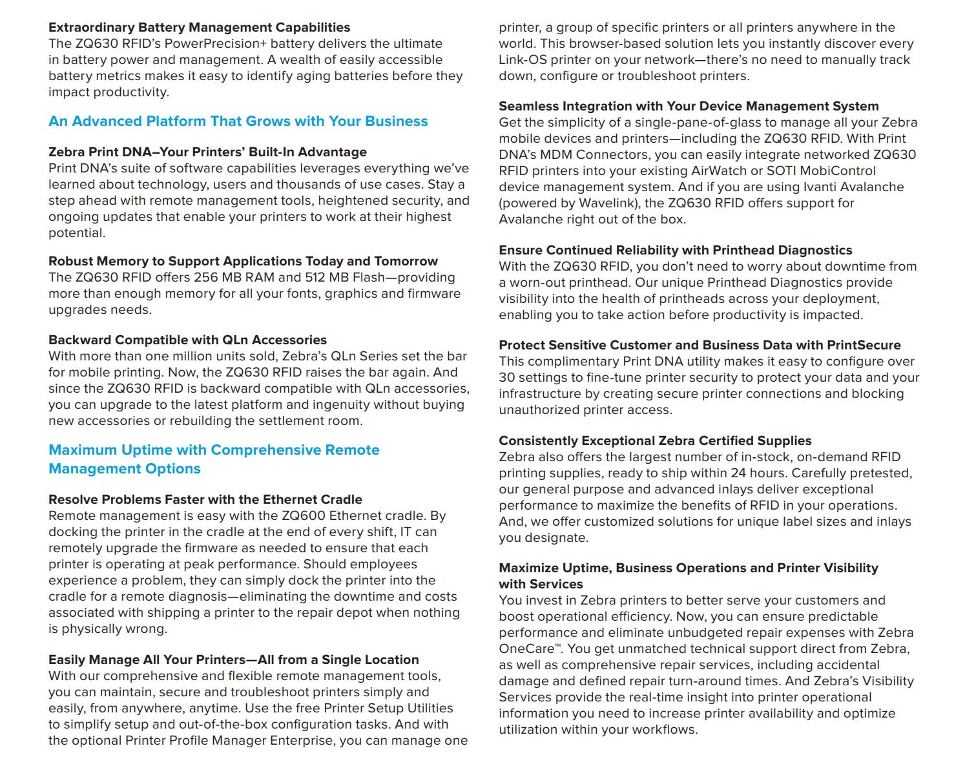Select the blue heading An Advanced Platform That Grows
238,121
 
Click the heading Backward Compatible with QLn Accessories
187,340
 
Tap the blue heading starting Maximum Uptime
214,459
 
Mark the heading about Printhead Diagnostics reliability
675,251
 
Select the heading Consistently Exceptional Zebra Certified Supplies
655,441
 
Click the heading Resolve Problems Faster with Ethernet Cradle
205,500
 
